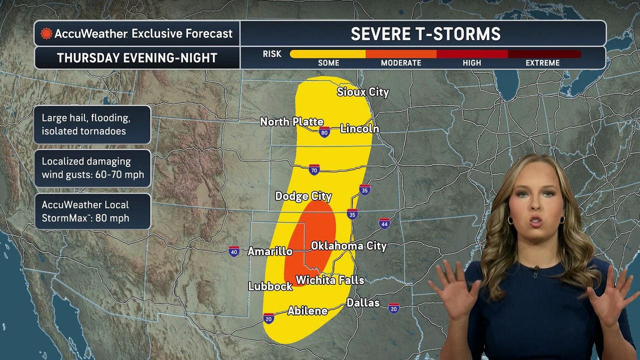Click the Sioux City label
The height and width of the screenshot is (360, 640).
pyautogui.click(x=362, y=92)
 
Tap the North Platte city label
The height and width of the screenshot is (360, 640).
pyautogui.click(x=291, y=122)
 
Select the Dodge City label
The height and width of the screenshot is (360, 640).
pyautogui.click(x=303, y=196)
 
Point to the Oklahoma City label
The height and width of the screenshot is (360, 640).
pyautogui.click(x=348, y=246)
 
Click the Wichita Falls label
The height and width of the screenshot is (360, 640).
pyautogui.click(x=330, y=280)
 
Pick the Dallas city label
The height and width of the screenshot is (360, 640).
pyautogui.click(x=363, y=303)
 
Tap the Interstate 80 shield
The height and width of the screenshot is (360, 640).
pyautogui.click(x=324, y=132)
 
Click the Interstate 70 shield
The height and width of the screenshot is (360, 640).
pyautogui.click(x=314, y=169)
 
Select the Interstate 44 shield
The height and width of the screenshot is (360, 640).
pyautogui.click(x=384, y=223)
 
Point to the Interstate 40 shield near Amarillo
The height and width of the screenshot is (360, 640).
pyautogui.click(x=233, y=251)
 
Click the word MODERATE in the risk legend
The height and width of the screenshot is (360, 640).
pyautogui.click(x=401, y=63)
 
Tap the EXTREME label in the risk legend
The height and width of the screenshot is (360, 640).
pyautogui.click(x=542, y=63)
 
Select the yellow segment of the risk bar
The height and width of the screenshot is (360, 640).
pyautogui.click(x=327, y=54)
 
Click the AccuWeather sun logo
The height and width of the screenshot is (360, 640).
pyautogui.click(x=46, y=33)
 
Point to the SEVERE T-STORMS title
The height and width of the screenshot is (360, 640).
pyautogui.click(x=425, y=34)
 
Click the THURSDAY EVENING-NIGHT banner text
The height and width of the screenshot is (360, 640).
pyautogui.click(x=137, y=58)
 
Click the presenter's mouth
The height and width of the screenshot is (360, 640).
pyautogui.click(x=536, y=221)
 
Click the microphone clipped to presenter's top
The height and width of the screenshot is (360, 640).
pyautogui.click(x=535, y=273)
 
